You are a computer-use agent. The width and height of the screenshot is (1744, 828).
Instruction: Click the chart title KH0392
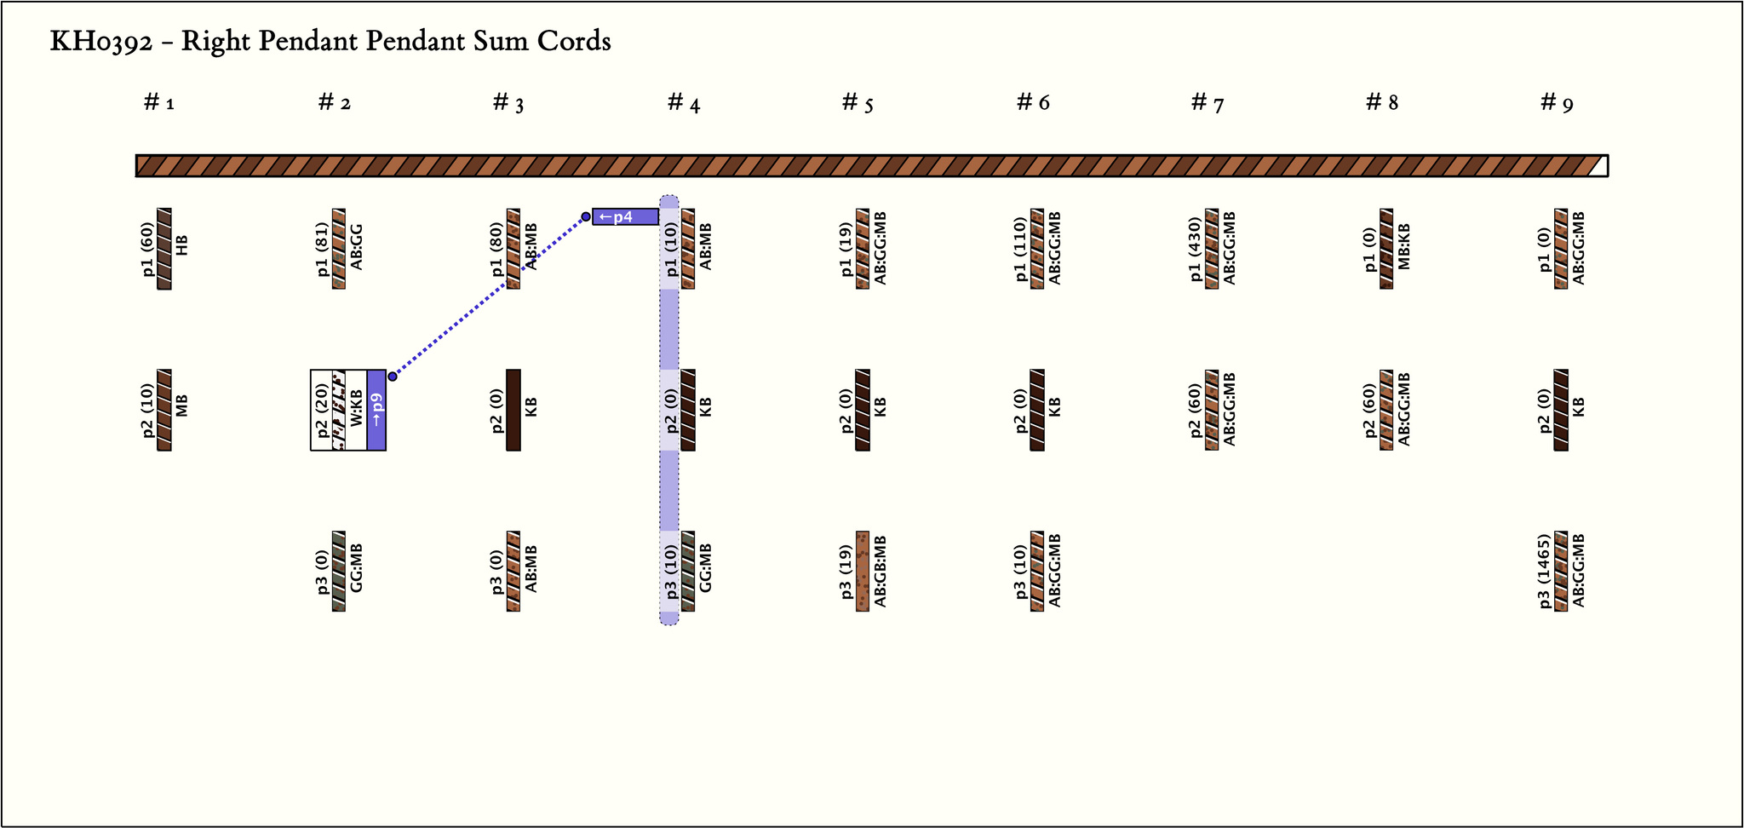tap(330, 41)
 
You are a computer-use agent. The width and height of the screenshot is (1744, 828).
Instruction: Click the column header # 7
tap(1208, 103)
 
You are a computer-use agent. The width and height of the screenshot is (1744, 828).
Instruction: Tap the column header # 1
tap(159, 103)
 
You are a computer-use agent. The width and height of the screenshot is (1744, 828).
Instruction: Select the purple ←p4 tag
tap(625, 216)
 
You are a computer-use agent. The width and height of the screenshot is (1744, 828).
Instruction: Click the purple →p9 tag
tap(376, 410)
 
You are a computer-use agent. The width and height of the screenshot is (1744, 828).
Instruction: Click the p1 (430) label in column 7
tap(1196, 249)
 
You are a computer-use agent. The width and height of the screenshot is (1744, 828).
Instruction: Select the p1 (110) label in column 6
tap(1021, 249)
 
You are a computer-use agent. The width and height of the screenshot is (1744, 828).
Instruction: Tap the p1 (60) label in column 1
tap(148, 249)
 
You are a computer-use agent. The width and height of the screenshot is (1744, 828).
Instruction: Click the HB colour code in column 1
tap(181, 245)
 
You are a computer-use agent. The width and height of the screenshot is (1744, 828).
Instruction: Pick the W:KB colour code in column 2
tap(356, 409)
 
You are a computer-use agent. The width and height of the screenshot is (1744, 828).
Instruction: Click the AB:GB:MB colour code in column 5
tap(881, 572)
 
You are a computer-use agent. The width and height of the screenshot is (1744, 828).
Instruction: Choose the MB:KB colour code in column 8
tap(1404, 247)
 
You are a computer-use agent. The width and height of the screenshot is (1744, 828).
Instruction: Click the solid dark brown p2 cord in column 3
tap(513, 410)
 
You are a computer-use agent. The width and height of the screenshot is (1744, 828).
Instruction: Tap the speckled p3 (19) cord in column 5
tap(863, 572)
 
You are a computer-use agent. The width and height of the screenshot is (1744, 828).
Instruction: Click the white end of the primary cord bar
tap(1600, 165)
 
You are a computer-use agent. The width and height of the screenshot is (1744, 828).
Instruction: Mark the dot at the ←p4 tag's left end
tap(586, 216)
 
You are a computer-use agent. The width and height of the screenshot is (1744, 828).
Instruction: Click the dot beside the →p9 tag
tap(393, 376)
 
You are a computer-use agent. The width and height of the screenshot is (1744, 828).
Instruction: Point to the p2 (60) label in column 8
tap(1370, 410)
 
